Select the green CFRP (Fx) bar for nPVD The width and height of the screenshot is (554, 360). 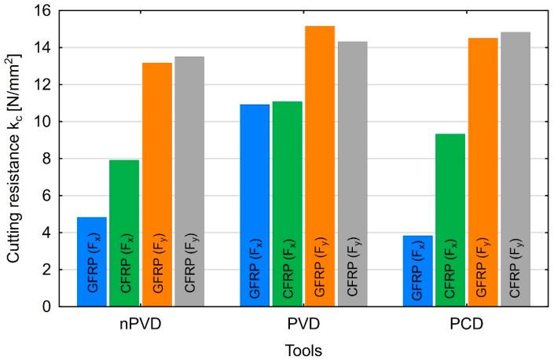(124, 233)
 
